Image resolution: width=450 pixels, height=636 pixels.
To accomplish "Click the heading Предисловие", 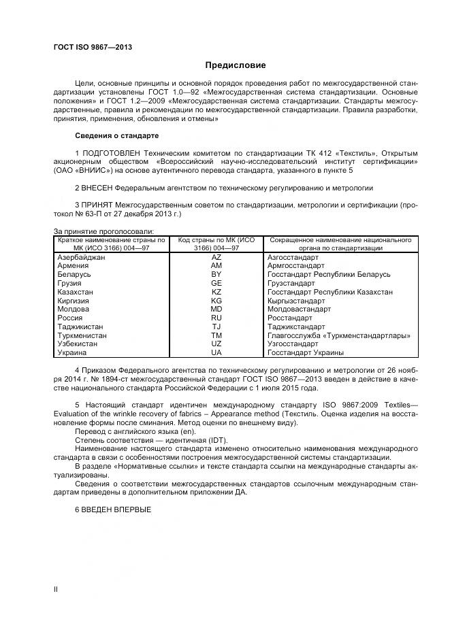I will [236, 65].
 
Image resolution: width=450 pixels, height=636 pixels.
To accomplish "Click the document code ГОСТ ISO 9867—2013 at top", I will [93, 47].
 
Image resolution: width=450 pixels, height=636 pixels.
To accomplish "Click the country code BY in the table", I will [216, 275].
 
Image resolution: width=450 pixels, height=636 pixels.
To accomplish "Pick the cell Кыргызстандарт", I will [296, 301].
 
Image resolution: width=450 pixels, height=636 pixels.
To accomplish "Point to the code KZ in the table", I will [216, 292].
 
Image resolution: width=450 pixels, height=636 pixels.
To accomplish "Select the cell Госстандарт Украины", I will [305, 353].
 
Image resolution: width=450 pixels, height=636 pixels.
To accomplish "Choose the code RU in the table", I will [216, 318].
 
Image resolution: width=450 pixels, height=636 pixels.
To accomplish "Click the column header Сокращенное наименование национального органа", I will [340, 244].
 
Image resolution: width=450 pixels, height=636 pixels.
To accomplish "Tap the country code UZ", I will [216, 344].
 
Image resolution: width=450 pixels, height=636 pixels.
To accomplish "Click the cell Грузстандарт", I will [291, 283].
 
